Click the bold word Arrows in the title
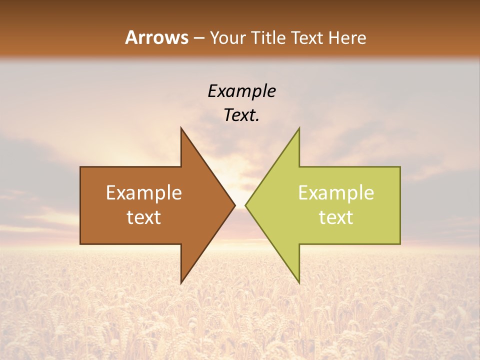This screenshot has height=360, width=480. coord(156,37)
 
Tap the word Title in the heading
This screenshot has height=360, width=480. coord(269,37)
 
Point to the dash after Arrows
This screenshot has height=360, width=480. coord(198,38)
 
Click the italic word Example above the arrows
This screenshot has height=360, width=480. coord(242,91)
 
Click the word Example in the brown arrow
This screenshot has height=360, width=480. coord(144,193)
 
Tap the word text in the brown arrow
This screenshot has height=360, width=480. coord(144,217)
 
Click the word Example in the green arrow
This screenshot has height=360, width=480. coord(336,193)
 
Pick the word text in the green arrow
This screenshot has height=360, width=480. coord(336,217)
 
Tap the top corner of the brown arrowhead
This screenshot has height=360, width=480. coord(181,128)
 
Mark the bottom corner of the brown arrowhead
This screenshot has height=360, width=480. coord(181,283)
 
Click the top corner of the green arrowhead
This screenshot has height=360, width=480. coord(299,128)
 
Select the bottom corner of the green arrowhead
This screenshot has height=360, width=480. coord(299,283)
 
